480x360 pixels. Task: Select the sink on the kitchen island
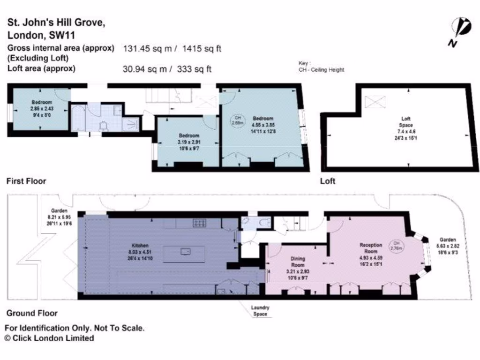(187, 251)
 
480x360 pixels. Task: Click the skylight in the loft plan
(375, 101)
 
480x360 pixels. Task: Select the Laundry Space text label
(260, 311)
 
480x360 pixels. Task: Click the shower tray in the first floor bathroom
(130, 124)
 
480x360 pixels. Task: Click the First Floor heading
(26, 181)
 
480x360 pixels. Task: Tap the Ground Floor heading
(31, 313)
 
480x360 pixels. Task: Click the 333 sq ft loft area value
(194, 69)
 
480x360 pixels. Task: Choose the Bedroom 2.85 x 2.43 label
(42, 108)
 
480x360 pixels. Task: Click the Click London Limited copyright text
(49, 338)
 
